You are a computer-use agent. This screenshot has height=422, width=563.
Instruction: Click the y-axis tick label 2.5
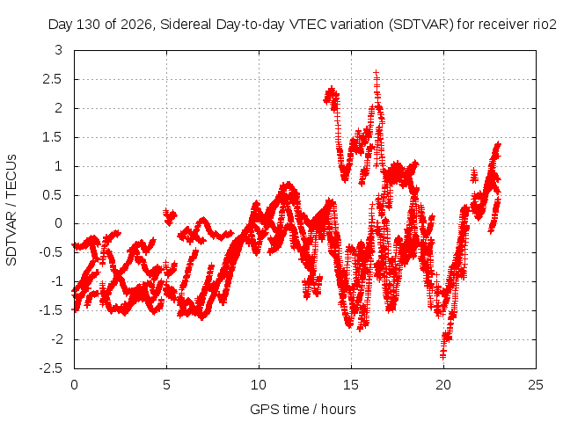pyautogui.click(x=52, y=79)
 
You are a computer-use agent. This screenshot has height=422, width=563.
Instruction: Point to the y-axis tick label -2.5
pyautogui.click(x=51, y=368)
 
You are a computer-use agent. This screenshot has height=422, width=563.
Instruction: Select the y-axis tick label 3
pyautogui.click(x=59, y=50)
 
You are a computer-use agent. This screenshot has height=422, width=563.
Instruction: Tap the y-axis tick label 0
pyautogui.click(x=59, y=223)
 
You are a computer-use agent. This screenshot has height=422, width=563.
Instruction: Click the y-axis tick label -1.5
pyautogui.click(x=51, y=310)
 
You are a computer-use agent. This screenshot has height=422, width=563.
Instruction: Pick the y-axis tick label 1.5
pyautogui.click(x=52, y=137)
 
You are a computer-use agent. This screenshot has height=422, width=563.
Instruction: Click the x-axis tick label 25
pyautogui.click(x=536, y=385)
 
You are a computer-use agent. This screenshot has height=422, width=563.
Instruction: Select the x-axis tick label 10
pyautogui.click(x=259, y=385)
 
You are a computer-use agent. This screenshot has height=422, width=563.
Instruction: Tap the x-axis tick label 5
pyautogui.click(x=166, y=385)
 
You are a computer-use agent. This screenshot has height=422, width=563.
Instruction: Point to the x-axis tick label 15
pyautogui.click(x=351, y=385)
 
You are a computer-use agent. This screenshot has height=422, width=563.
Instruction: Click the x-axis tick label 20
pyautogui.click(x=443, y=385)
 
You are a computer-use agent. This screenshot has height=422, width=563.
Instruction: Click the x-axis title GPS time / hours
pyautogui.click(x=303, y=410)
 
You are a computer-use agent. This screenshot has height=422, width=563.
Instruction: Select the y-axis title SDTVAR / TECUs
pyautogui.click(x=11, y=210)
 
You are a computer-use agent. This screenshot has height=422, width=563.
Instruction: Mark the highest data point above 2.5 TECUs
pyautogui.click(x=376, y=73)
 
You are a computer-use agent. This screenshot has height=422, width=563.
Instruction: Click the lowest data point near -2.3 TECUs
pyautogui.click(x=442, y=356)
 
